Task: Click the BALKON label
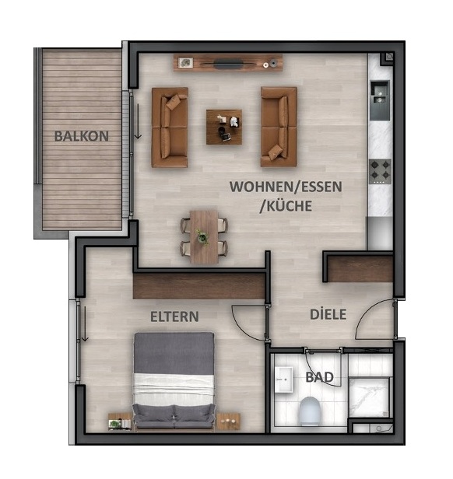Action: click(x=81, y=135)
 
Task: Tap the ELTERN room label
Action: click(x=174, y=316)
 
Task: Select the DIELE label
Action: click(x=327, y=315)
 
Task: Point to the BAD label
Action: click(x=319, y=378)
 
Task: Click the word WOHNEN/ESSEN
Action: click(x=286, y=187)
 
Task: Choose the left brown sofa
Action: click(x=170, y=127)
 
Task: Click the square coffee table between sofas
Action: click(x=224, y=127)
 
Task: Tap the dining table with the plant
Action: click(x=204, y=236)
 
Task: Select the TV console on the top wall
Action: click(x=227, y=63)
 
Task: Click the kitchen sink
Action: click(x=380, y=94)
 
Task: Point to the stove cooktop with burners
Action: click(x=380, y=170)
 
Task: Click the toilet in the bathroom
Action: click(x=309, y=410)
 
